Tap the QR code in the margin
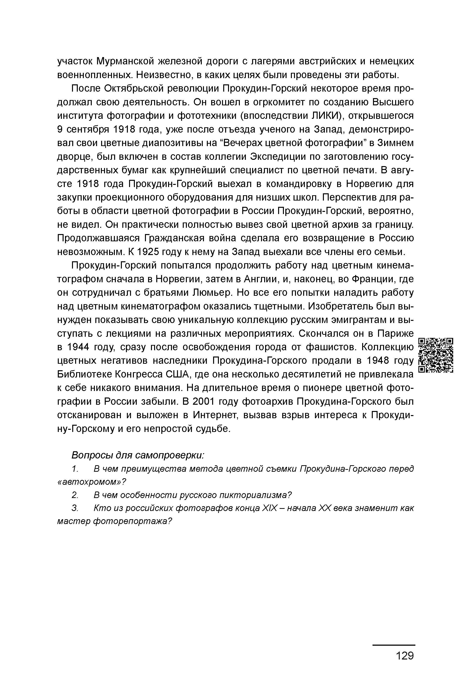435,355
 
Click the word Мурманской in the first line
126,61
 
